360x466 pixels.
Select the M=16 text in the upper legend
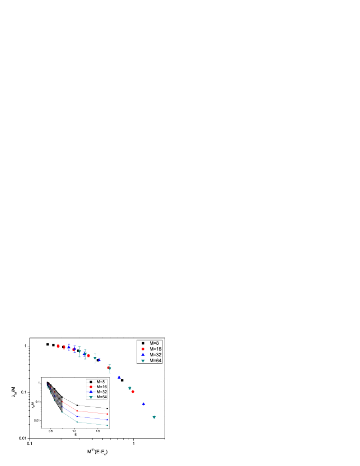pos(155,349)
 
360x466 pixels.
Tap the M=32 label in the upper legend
pos(155,355)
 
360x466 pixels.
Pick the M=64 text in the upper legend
pos(155,361)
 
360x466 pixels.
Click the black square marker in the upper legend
pos(143,343)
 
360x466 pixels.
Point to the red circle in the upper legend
pos(143,349)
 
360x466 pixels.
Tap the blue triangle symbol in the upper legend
pos(143,355)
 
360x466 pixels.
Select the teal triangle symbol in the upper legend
pos(143,361)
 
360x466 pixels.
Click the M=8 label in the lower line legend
pos(101,382)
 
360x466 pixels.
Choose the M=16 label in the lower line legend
pos(101,387)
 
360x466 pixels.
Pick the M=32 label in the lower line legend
pos(101,392)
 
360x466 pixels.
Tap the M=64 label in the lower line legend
pos(101,397)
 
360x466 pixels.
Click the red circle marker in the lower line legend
pos(91,387)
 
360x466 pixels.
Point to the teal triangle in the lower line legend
pos(91,397)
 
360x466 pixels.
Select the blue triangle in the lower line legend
pos(91,392)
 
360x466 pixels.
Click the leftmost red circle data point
pos(58,346)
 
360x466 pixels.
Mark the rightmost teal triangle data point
pos(154,417)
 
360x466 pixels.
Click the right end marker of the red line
pos(107,414)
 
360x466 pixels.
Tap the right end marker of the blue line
pos(107,419)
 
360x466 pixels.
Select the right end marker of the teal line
pos(107,425)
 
